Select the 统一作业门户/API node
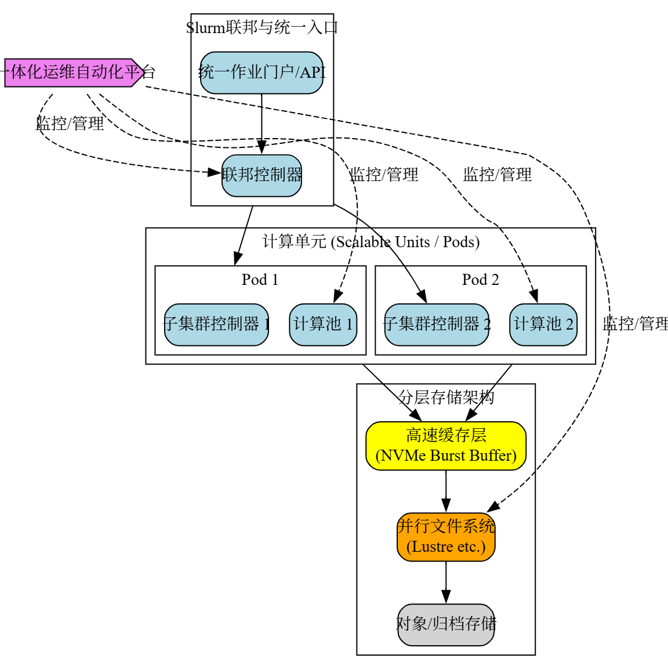click(x=262, y=73)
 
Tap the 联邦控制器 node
click(x=262, y=175)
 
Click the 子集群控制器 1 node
click(x=216, y=324)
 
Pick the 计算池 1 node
click(x=323, y=324)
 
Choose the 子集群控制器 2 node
click(x=437, y=324)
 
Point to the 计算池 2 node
click(x=543, y=324)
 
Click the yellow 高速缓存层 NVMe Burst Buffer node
click(x=446, y=446)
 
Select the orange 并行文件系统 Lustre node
click(x=446, y=537)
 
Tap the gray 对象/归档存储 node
click(x=446, y=624)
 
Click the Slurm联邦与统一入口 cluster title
click(x=262, y=27)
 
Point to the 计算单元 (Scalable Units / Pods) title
click(x=371, y=241)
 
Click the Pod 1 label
click(x=260, y=280)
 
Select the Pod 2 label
click(x=480, y=280)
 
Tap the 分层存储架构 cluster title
click(x=446, y=397)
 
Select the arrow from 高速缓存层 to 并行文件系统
click(x=446, y=491)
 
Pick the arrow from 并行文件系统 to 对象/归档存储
click(x=446, y=582)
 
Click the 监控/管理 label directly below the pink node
click(x=70, y=124)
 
